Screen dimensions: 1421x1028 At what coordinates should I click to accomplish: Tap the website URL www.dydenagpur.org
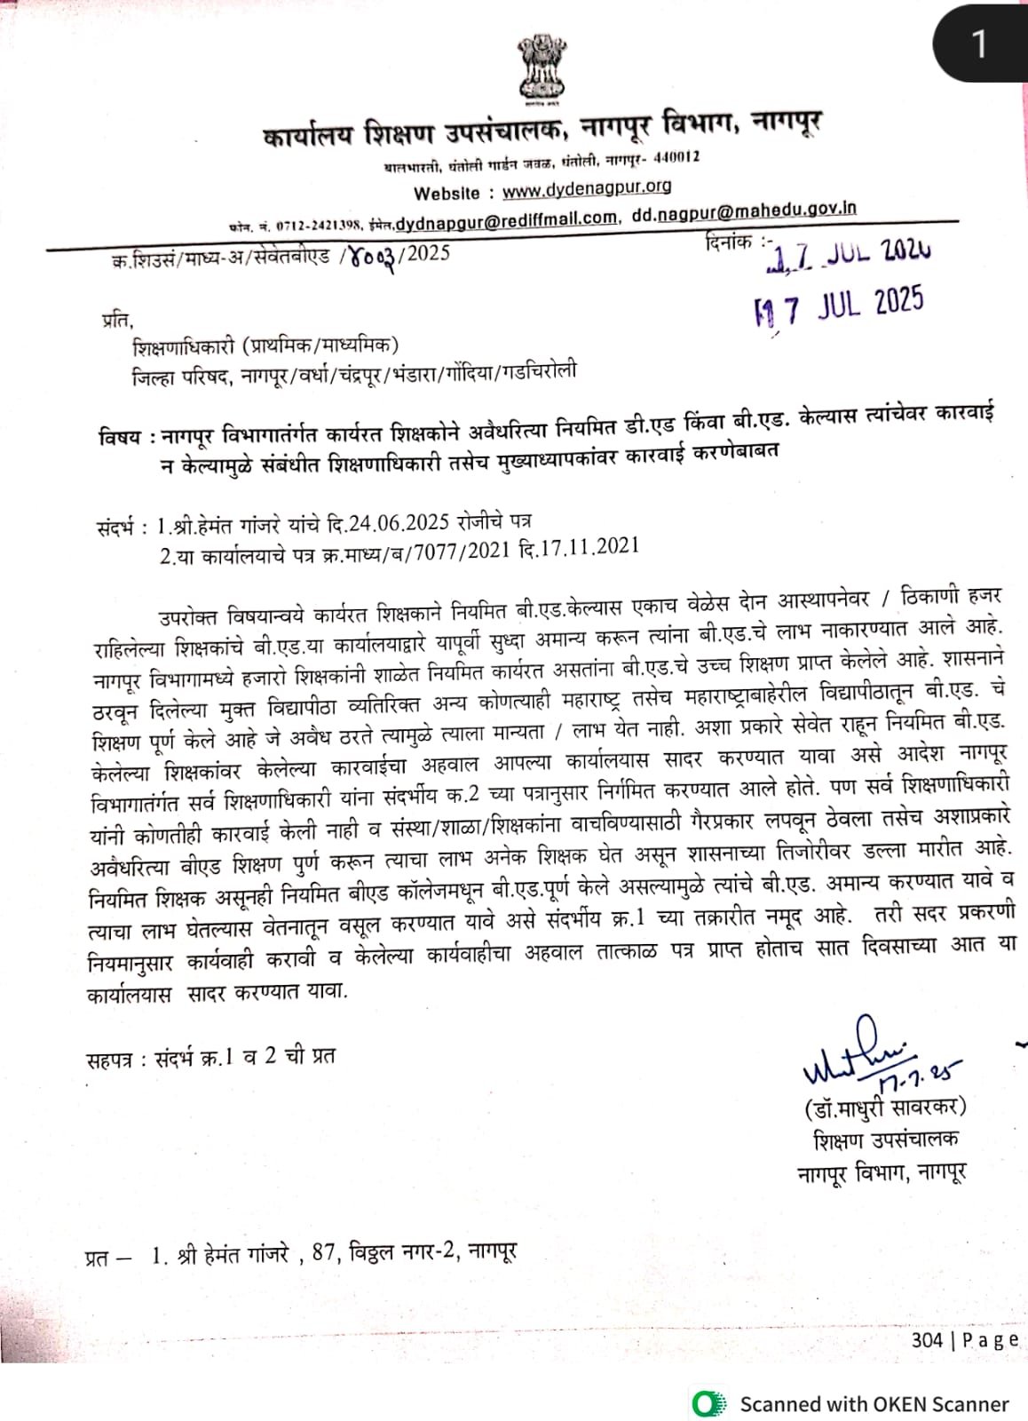point(586,188)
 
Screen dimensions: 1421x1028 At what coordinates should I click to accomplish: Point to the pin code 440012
point(676,158)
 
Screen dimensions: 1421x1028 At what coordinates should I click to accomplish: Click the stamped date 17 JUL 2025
point(839,306)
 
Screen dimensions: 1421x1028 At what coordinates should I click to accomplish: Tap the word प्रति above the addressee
point(116,319)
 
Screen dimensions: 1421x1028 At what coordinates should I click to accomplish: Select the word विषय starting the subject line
point(119,437)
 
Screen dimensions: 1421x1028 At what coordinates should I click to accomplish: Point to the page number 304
point(927,1339)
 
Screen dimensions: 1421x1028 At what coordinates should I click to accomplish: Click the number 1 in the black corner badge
point(979,43)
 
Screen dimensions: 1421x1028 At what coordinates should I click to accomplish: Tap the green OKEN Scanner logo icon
point(708,1403)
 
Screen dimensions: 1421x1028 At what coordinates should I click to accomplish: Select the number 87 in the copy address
point(323,1253)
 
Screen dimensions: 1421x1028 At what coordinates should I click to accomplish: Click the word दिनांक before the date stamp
point(728,242)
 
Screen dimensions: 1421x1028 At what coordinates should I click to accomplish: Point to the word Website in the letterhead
point(447,194)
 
